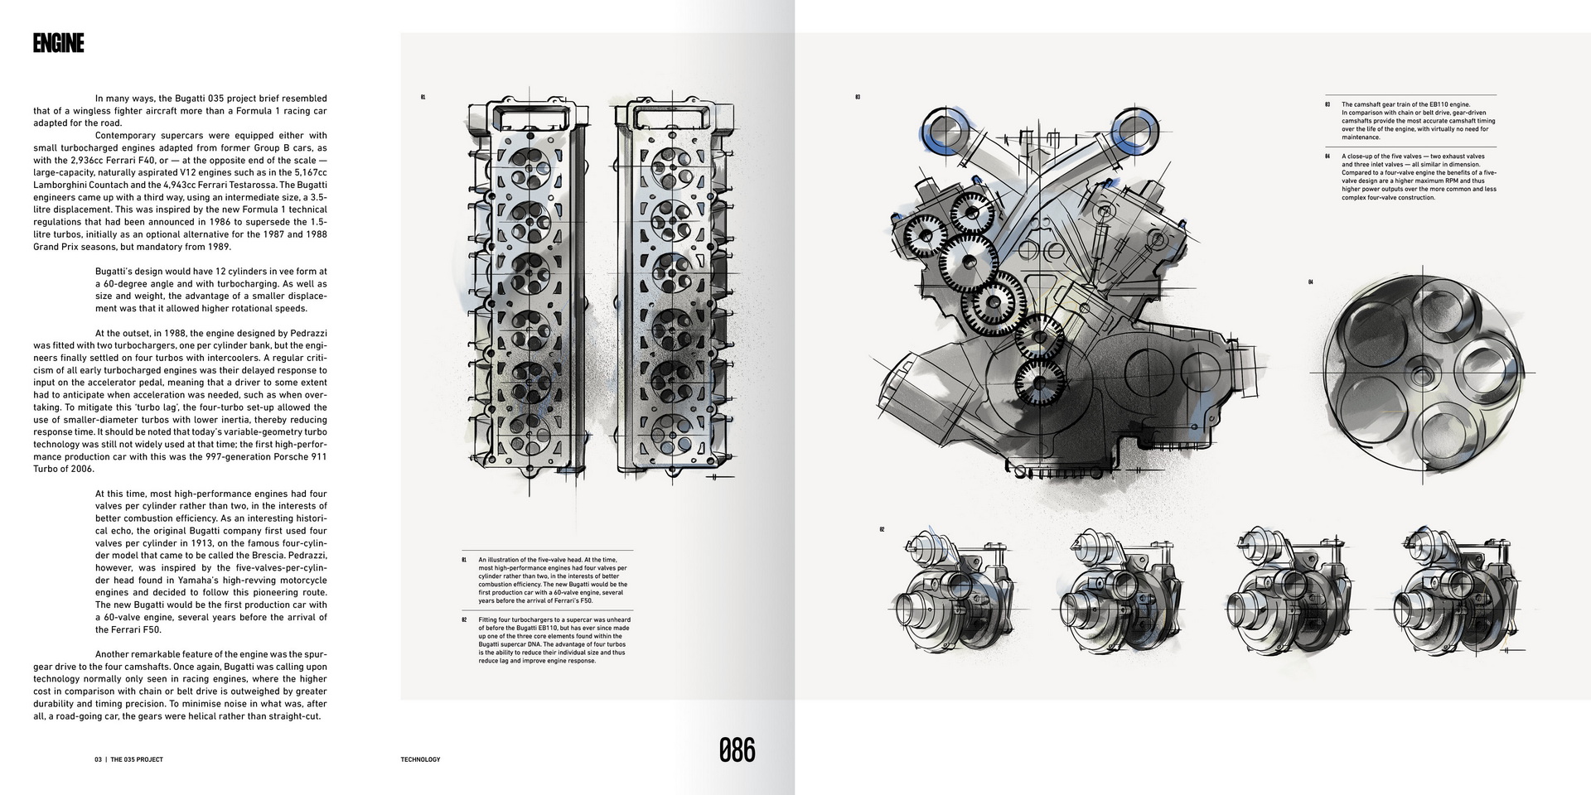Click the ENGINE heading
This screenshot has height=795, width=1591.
click(58, 44)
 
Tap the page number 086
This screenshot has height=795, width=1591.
click(737, 750)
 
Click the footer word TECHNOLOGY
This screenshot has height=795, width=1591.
click(420, 759)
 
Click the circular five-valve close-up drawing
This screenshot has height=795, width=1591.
click(1422, 373)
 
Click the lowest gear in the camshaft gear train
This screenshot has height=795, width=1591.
click(1033, 386)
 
